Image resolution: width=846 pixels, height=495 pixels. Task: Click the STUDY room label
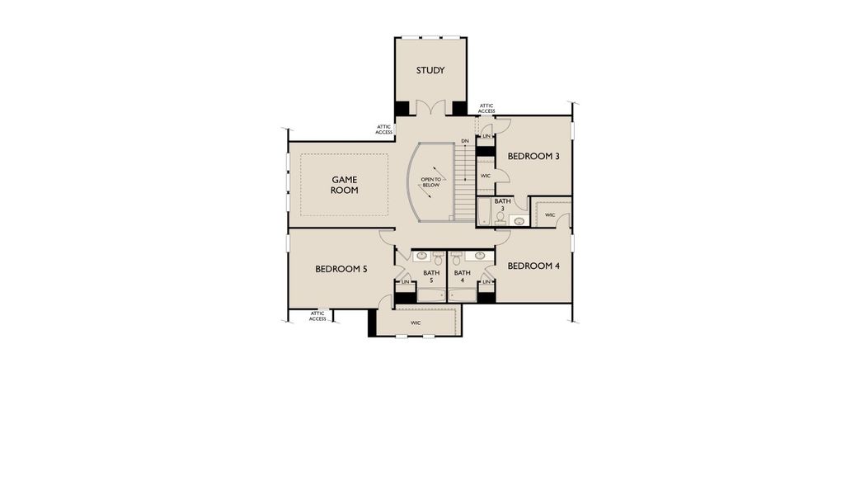tap(430, 70)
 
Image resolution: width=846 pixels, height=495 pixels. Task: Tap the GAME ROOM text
tap(345, 185)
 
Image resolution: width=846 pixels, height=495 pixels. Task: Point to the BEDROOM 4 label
tap(533, 266)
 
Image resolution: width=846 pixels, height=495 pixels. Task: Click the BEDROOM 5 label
tap(341, 269)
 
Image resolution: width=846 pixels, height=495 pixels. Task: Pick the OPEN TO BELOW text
tap(431, 182)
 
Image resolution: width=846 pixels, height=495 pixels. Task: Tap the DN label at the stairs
tap(465, 142)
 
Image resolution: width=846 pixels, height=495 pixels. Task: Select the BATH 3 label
tap(503, 204)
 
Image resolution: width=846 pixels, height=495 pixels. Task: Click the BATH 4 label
tap(462, 276)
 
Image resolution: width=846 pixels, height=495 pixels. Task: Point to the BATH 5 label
tap(431, 276)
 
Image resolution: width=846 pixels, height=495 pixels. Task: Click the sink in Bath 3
tap(519, 220)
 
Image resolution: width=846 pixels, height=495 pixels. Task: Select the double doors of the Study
tap(430, 108)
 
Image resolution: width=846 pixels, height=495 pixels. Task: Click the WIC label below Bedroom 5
tap(416, 323)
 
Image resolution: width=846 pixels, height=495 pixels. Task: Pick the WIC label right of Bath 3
tap(550, 215)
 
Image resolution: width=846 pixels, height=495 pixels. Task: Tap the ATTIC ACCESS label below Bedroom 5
tap(317, 316)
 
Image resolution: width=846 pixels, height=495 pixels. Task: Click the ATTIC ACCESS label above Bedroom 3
tap(486, 108)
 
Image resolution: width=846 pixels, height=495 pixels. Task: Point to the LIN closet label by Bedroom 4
tap(486, 282)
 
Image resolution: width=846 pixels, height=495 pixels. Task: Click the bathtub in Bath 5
tap(431, 294)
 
